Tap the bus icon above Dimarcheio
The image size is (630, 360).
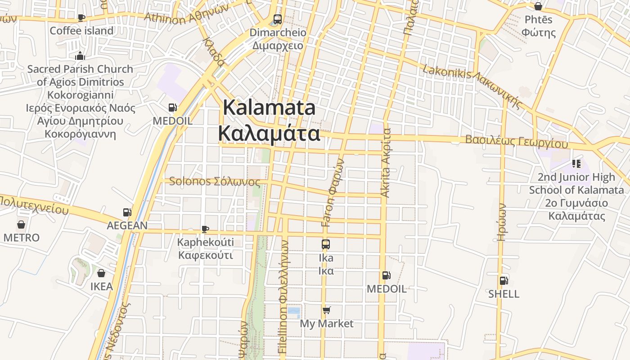point(278,19)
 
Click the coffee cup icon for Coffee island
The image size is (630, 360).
point(81,18)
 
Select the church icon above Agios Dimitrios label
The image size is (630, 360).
point(80,56)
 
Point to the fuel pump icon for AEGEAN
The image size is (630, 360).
point(127,212)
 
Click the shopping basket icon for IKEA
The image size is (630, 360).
point(101,273)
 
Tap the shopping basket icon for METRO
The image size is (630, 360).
point(21,224)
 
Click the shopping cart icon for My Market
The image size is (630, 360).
point(327,310)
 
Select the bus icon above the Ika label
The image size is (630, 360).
point(326,244)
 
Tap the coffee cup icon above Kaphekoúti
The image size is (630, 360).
point(205,229)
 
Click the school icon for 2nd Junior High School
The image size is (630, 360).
point(576,164)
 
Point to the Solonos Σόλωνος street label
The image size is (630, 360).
point(215,181)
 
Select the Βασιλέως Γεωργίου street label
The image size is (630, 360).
point(517,141)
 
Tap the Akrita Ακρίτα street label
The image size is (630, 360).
point(386,163)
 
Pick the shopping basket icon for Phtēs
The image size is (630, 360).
point(538,6)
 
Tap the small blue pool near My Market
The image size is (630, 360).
point(293,311)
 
